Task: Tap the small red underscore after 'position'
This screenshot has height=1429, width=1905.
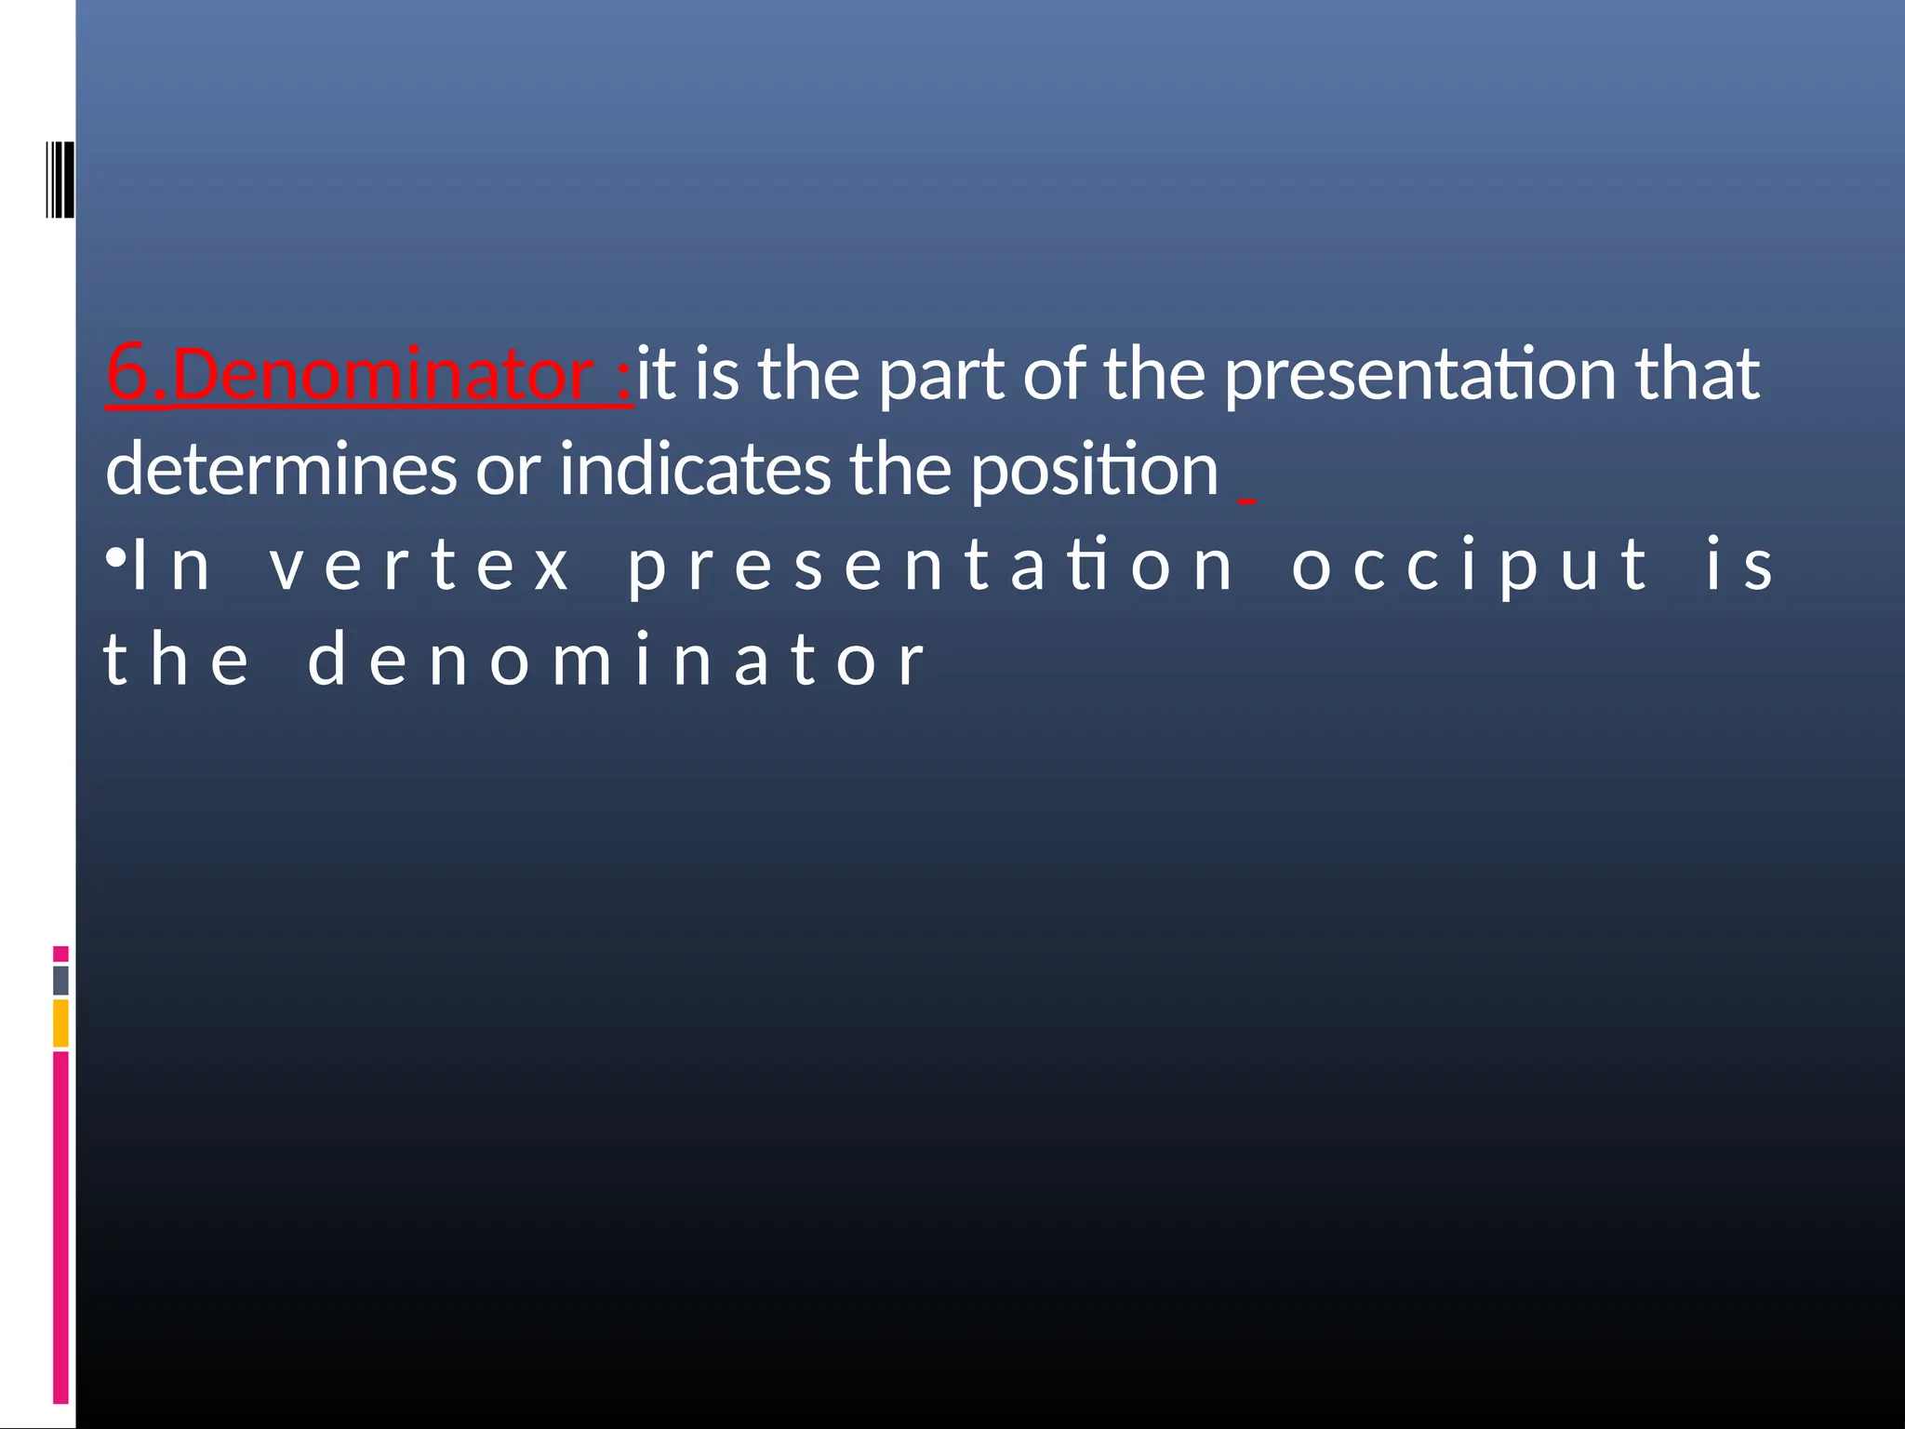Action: pos(1246,501)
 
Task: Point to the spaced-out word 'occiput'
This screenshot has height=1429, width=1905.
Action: pos(1470,566)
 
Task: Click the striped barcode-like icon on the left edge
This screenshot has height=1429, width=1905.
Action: pos(60,180)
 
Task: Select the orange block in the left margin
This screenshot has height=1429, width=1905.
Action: pos(60,1022)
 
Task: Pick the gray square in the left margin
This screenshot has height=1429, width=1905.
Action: pos(60,980)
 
